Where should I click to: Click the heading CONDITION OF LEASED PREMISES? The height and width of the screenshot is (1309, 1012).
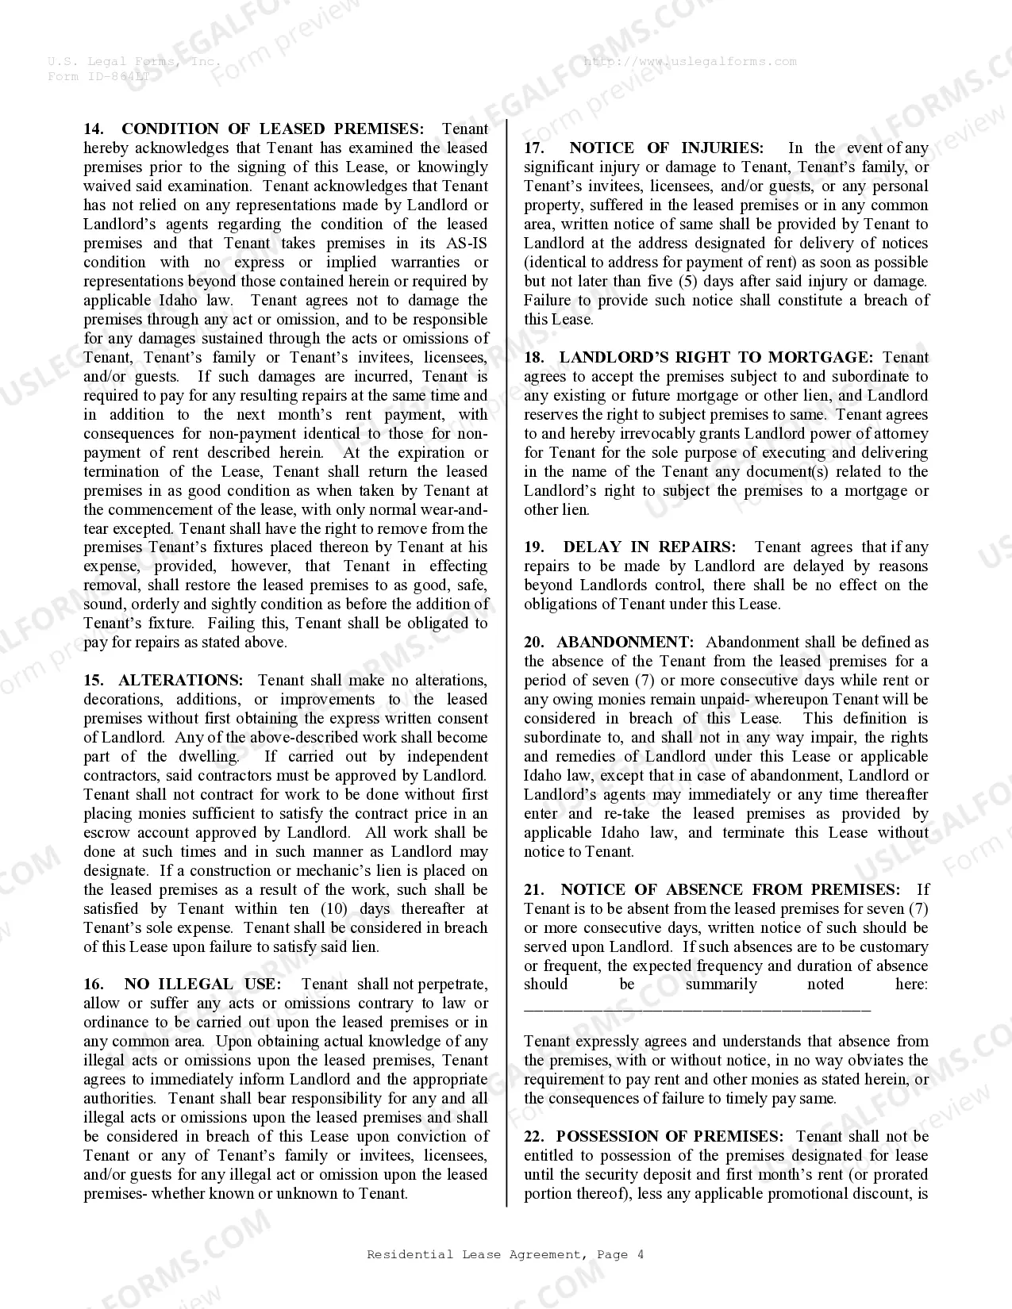click(272, 129)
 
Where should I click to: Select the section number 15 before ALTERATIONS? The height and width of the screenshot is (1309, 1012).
click(94, 681)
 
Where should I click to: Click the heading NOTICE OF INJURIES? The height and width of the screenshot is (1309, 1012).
click(666, 148)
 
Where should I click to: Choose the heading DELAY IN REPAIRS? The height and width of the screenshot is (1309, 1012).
click(649, 547)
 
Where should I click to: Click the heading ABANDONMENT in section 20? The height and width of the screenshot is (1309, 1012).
click(625, 643)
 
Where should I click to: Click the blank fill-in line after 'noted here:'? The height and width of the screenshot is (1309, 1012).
click(697, 1008)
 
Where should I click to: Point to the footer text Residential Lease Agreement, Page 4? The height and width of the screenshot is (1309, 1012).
click(506, 1254)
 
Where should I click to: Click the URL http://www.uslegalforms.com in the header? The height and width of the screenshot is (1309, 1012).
click(690, 61)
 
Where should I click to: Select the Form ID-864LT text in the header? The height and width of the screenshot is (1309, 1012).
click(98, 76)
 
